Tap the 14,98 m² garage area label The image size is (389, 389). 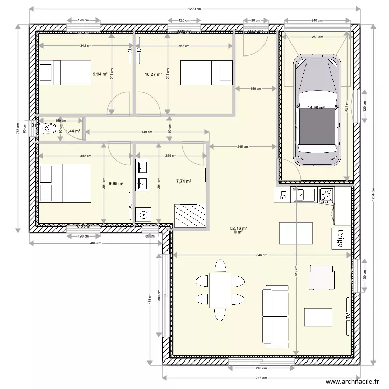click(x=316, y=108)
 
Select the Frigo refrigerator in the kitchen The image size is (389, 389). click(x=341, y=239)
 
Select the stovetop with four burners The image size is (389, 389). click(x=326, y=195)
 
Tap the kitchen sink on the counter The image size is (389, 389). click(x=299, y=195)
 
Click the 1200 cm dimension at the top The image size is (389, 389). click(x=195, y=9)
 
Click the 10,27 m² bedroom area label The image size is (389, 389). click(x=154, y=74)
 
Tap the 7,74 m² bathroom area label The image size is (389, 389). click(x=184, y=182)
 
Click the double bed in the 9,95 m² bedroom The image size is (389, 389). click(x=65, y=183)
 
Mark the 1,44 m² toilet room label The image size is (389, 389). click(x=73, y=131)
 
